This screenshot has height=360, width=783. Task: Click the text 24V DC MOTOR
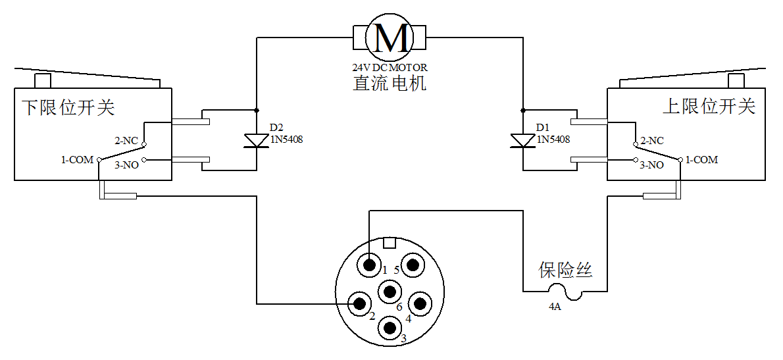(x=390, y=67)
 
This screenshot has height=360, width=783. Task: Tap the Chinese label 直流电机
(x=390, y=84)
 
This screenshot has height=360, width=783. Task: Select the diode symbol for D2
(x=256, y=140)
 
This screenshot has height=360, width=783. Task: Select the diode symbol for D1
(x=523, y=140)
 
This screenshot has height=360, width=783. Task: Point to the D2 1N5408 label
(x=286, y=134)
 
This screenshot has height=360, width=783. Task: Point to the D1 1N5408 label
(x=553, y=134)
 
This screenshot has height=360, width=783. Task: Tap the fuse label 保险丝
(x=566, y=270)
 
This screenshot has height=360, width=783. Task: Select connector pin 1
(x=369, y=265)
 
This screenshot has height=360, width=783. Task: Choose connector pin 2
(x=359, y=303)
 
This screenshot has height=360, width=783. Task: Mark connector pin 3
(x=390, y=326)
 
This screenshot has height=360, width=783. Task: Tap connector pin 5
(x=413, y=265)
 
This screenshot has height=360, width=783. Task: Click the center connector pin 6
(x=390, y=292)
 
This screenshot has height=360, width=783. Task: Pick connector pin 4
(x=419, y=303)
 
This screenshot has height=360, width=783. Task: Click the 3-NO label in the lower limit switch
(x=126, y=165)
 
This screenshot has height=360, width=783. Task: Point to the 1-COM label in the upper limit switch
(x=701, y=160)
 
